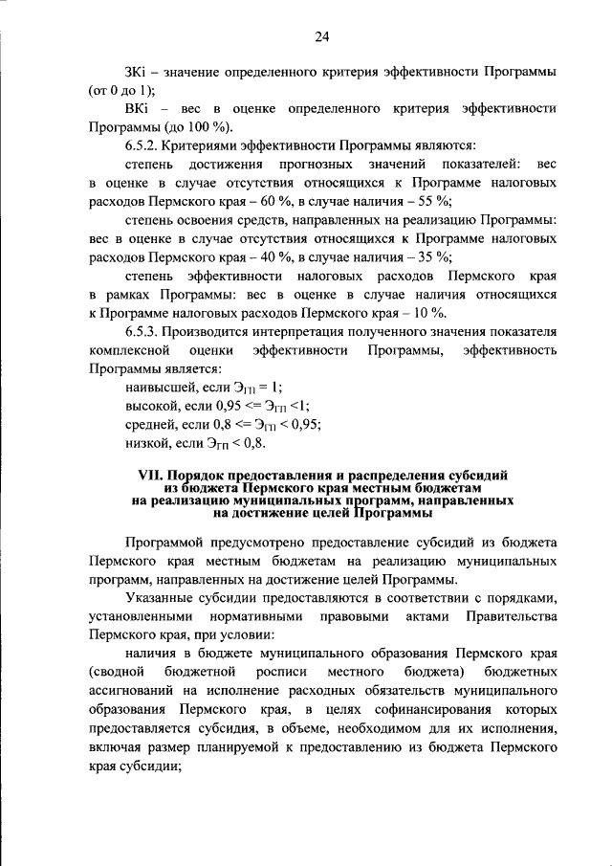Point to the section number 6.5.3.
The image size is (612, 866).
click(143, 331)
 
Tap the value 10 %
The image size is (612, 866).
click(428, 312)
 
